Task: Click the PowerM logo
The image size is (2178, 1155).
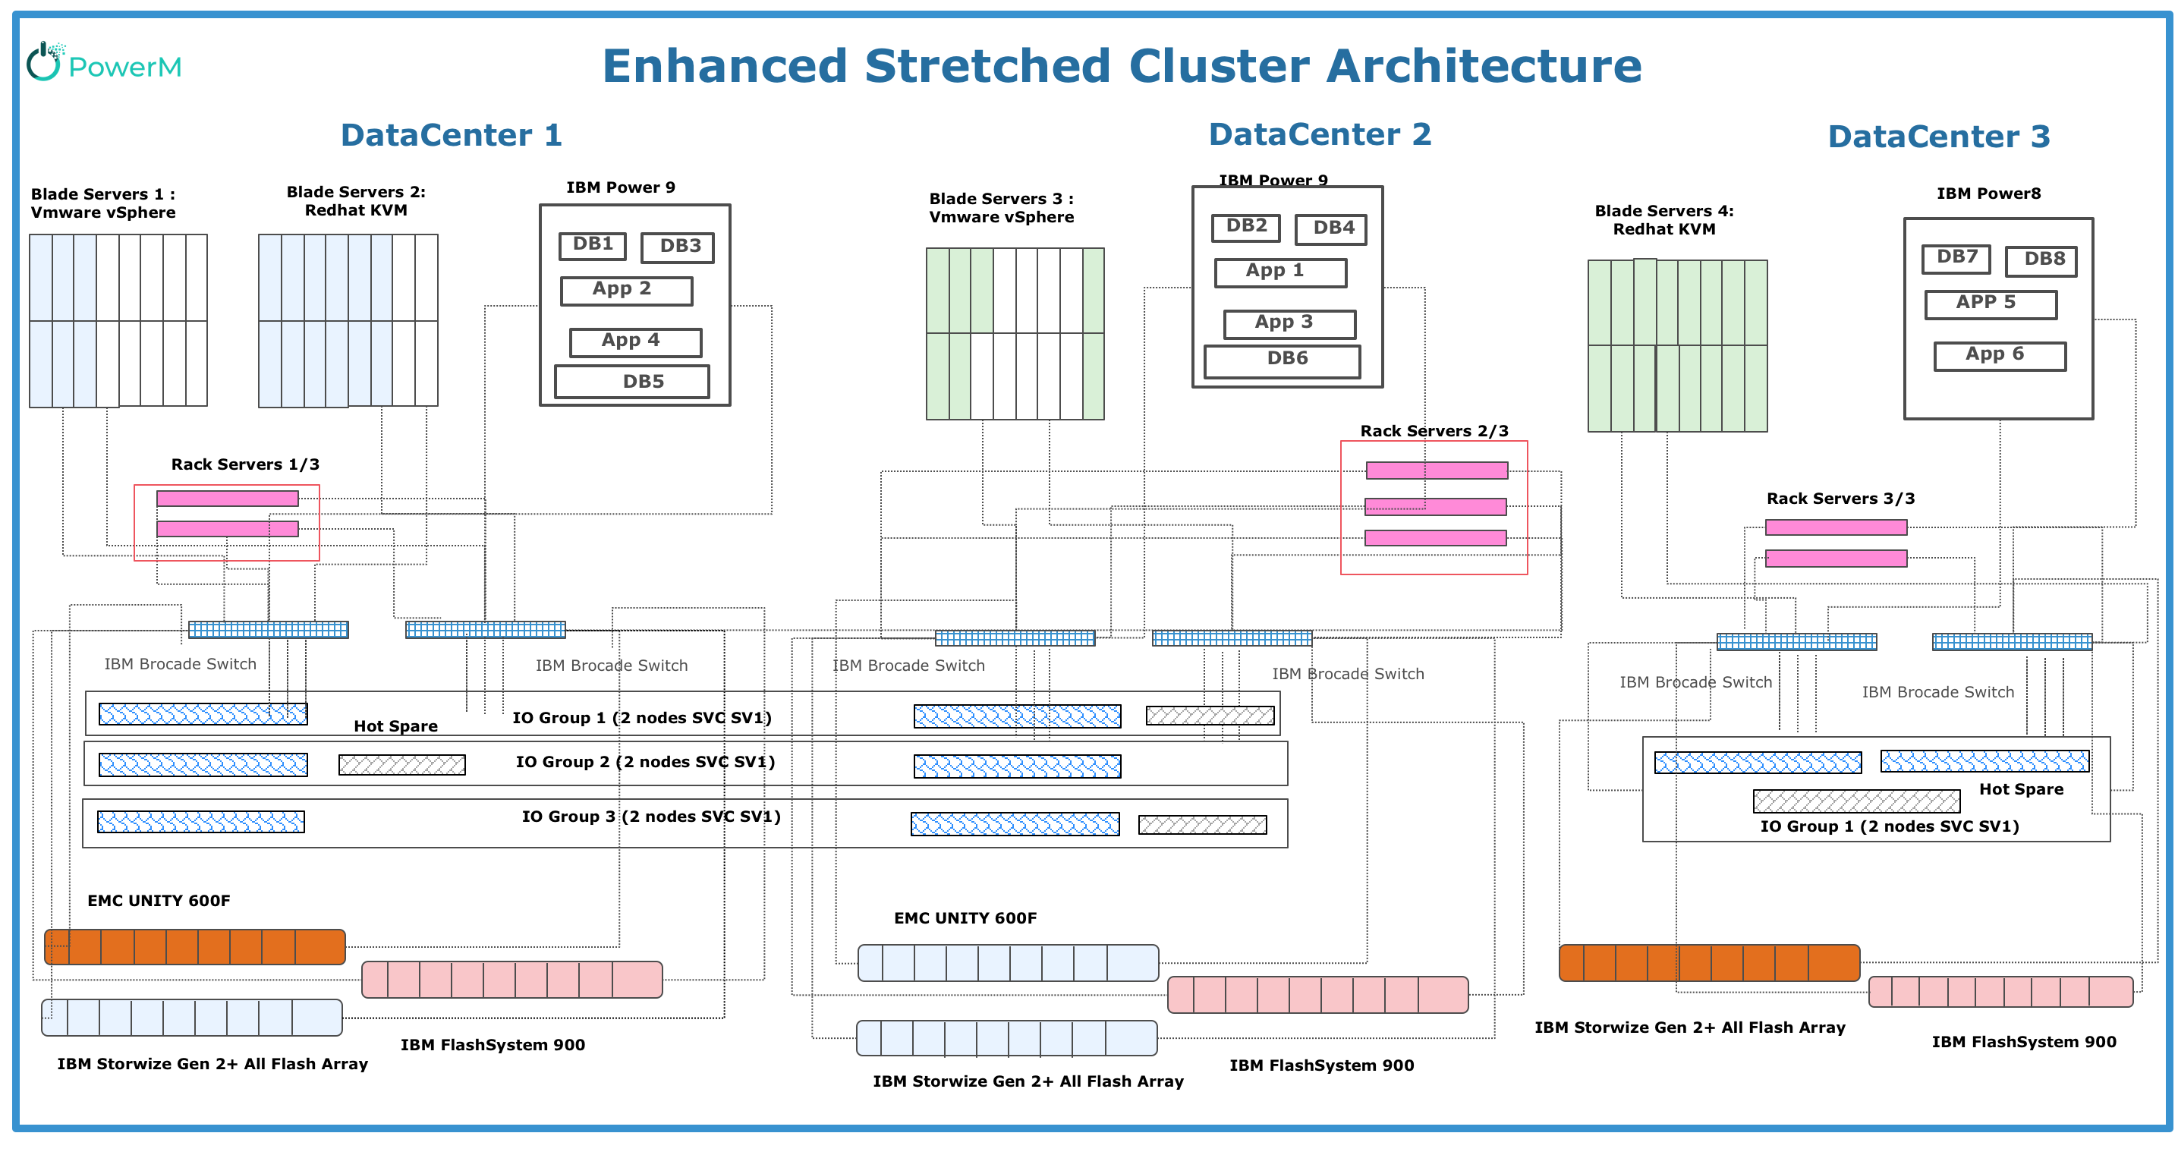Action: click(x=104, y=64)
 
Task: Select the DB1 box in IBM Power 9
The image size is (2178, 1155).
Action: click(x=593, y=245)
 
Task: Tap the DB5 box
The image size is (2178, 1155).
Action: click(x=632, y=382)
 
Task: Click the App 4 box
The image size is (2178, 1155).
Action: click(x=635, y=341)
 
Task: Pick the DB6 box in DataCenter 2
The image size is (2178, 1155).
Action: click(x=1283, y=360)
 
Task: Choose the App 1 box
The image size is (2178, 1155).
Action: click(x=1280, y=272)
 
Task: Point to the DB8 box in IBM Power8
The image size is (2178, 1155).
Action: click(x=2040, y=260)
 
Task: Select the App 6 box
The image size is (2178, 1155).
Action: click(x=2000, y=355)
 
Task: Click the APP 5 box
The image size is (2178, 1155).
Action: click(x=1991, y=304)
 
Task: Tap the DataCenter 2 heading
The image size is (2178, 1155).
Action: click(x=1319, y=135)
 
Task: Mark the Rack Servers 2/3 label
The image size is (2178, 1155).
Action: click(x=1434, y=431)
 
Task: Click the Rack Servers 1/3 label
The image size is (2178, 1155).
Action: click(x=245, y=464)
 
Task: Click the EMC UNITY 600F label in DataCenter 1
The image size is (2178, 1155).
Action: click(x=159, y=901)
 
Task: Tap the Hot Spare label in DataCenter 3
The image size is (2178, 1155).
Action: click(x=2021, y=789)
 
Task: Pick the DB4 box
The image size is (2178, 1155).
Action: click(x=1331, y=229)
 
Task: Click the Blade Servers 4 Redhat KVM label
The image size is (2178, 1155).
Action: click(x=1664, y=220)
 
